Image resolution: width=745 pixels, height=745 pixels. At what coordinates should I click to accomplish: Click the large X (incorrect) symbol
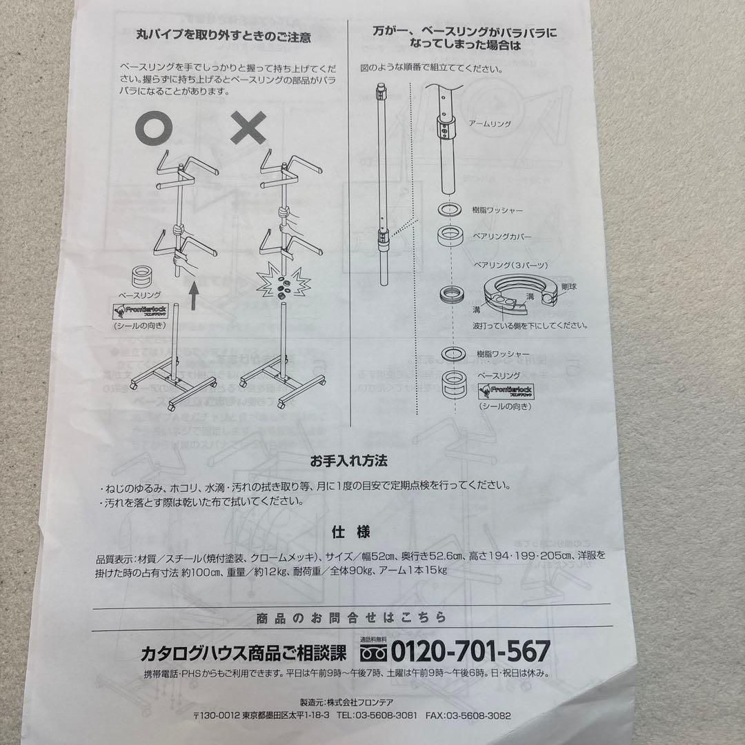tap(253, 129)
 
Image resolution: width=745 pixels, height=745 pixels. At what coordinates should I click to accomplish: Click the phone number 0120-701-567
tap(471, 650)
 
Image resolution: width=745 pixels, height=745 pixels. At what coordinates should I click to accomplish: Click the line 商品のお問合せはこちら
tap(350, 617)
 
